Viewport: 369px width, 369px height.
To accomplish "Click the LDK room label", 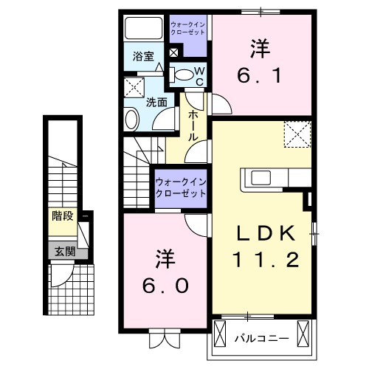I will click(x=267, y=234).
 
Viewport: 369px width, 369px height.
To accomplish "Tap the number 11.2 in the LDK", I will click(x=267, y=260).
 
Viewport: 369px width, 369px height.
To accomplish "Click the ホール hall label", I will click(x=194, y=125).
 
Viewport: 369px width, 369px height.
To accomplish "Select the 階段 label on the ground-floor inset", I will click(x=64, y=216).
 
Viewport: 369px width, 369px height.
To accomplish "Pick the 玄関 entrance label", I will click(x=64, y=251).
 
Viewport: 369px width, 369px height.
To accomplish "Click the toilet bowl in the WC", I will click(x=182, y=73).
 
